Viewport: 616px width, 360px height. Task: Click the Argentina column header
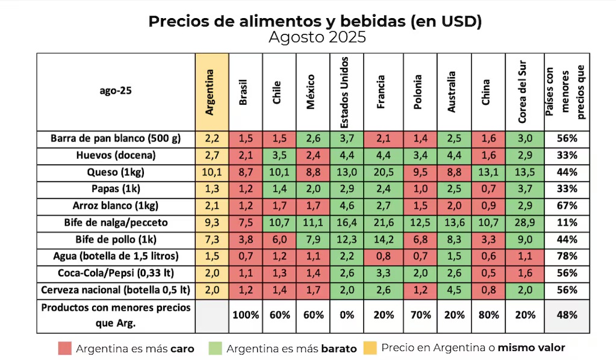click(x=211, y=92)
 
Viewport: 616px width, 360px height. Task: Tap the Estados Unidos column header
click(x=346, y=92)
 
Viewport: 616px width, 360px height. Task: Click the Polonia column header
click(x=420, y=92)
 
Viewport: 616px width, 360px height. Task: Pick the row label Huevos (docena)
click(x=116, y=155)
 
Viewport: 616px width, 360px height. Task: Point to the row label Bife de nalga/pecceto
click(x=116, y=223)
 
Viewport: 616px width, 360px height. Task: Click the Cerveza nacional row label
click(x=116, y=290)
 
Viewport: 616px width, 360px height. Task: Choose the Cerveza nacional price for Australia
click(x=454, y=290)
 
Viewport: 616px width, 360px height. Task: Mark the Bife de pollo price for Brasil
click(x=245, y=240)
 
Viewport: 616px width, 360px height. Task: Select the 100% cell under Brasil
click(x=245, y=315)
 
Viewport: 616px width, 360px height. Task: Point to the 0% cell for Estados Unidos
click(x=346, y=315)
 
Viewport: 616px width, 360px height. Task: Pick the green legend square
click(x=216, y=349)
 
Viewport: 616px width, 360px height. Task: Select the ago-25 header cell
click(x=116, y=92)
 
